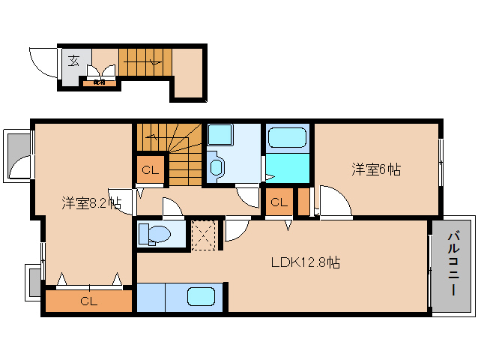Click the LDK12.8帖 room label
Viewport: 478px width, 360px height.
306,263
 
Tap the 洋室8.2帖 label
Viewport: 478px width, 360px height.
91,203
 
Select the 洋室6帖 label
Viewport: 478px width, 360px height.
376,170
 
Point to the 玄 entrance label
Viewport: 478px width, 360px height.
74,61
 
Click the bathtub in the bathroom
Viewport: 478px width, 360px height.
287,138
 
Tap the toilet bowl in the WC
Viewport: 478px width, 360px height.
153,233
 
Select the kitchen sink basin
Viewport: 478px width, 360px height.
201,297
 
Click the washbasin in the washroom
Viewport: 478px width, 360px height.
217,166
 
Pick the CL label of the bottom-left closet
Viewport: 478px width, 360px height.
88,302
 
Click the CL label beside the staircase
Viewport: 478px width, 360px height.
150,170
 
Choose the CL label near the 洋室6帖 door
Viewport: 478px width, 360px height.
279,202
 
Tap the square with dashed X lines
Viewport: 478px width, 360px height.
203,232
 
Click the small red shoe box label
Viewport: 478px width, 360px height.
100,82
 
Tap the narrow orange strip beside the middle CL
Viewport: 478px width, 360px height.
303,202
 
